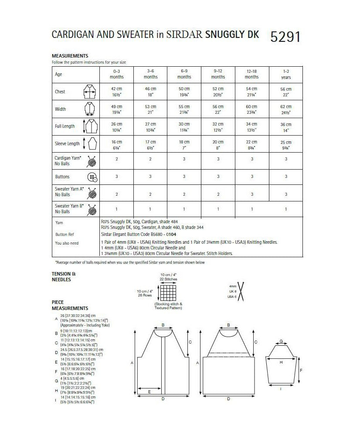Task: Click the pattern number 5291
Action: point(285,37)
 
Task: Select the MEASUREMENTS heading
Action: point(70,56)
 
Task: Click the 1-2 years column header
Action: point(286,74)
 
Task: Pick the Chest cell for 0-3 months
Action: point(117,92)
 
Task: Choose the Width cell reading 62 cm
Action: point(286,109)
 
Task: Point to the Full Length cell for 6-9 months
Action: point(184,126)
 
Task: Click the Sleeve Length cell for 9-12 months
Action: point(218,143)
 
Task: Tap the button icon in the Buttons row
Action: point(92,177)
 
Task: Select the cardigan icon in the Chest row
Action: point(89,92)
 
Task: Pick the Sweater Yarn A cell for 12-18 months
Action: point(252,194)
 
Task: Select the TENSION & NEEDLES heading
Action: point(64,276)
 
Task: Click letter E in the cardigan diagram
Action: point(149,392)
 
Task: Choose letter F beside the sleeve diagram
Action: point(302,369)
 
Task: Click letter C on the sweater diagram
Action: point(255,342)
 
